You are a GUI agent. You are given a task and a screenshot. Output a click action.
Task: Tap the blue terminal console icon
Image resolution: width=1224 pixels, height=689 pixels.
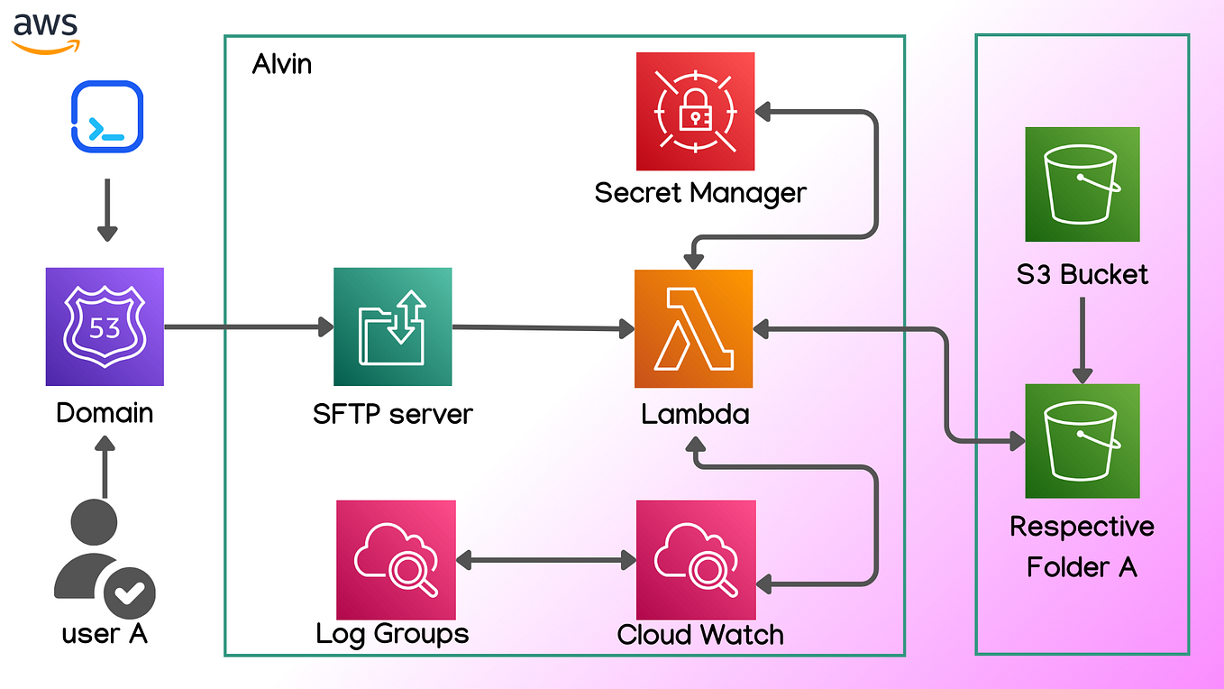(106, 116)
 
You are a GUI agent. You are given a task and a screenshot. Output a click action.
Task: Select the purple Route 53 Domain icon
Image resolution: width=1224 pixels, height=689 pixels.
(105, 326)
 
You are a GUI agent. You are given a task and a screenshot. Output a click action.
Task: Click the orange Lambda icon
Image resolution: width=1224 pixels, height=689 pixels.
(694, 328)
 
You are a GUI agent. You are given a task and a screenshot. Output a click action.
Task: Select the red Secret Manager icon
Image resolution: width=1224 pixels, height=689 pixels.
(695, 111)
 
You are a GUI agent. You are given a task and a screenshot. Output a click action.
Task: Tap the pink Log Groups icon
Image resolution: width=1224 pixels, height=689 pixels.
(396, 560)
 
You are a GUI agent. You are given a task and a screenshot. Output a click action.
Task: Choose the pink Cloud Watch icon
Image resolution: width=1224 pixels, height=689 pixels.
(696, 560)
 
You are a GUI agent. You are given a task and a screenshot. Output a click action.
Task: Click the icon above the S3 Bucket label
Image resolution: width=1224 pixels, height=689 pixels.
(1082, 184)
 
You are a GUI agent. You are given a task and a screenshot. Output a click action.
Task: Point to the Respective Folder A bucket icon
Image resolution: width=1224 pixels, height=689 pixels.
(1082, 440)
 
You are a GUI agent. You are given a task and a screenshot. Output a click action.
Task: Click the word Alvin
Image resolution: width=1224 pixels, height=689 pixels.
(282, 65)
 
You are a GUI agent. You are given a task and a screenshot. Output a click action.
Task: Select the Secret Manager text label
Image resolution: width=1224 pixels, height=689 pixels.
(700, 193)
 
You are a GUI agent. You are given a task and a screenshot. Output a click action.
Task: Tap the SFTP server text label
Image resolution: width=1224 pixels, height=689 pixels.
(392, 414)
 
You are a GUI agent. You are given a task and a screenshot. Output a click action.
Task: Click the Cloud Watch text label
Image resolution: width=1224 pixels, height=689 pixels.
(700, 634)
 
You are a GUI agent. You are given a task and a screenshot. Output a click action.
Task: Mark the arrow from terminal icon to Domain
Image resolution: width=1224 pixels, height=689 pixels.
(107, 209)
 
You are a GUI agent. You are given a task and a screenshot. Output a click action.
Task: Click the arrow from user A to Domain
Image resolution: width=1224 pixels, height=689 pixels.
(105, 467)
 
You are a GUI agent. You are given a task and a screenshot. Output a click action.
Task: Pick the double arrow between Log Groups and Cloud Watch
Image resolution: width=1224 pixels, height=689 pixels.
(545, 561)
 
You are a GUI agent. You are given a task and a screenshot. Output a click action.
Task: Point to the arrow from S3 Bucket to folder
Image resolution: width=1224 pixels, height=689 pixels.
(1082, 339)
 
